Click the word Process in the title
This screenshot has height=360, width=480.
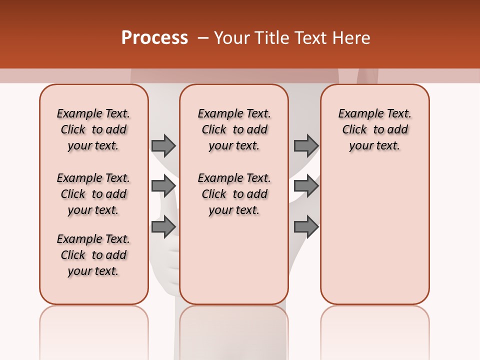[154, 38]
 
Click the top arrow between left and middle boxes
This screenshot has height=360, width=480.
[163, 145]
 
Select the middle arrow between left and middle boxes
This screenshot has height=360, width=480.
[163, 186]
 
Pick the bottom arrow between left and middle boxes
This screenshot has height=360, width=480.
[163, 226]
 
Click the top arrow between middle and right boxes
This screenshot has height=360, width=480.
[306, 145]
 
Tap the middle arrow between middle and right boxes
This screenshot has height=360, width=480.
[306, 186]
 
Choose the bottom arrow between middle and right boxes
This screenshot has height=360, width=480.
[306, 226]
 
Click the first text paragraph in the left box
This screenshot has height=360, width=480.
[93, 129]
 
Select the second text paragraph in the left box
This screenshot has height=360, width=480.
[93, 194]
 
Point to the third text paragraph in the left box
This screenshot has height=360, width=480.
[93, 255]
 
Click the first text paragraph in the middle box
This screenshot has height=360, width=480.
[234, 129]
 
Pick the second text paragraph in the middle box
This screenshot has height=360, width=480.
[234, 194]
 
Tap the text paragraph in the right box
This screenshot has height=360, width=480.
[375, 129]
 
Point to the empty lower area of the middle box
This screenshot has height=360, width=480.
[234, 260]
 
